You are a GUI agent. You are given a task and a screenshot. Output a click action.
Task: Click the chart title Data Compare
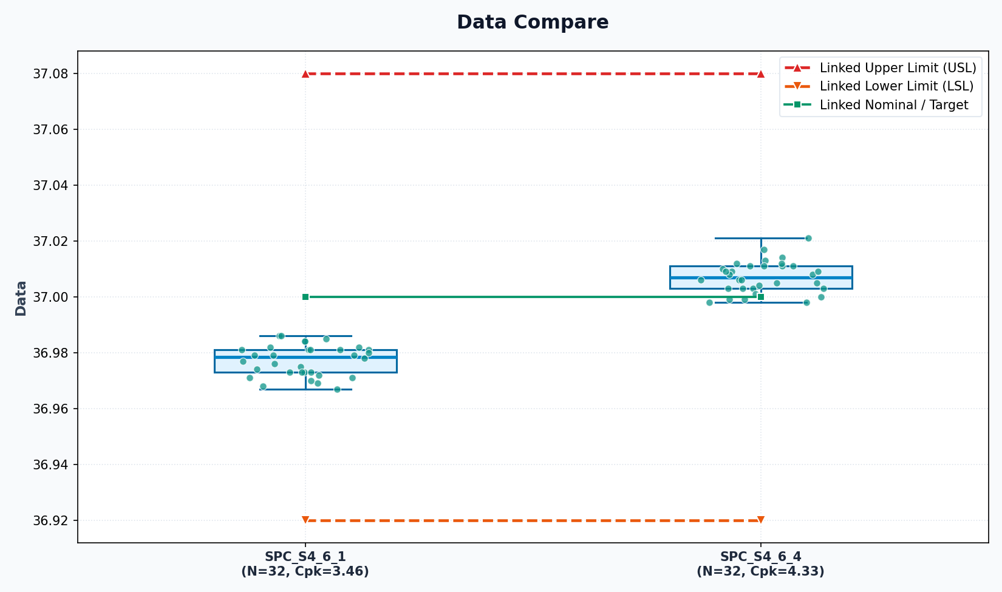click(x=533, y=22)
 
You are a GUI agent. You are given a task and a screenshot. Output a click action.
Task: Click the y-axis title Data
click(x=21, y=299)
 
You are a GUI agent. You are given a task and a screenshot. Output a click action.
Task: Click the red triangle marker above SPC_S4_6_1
click(x=305, y=74)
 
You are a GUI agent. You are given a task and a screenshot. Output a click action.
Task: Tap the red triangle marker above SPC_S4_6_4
click(x=761, y=74)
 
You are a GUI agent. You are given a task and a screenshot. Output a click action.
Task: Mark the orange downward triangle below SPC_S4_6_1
click(x=305, y=520)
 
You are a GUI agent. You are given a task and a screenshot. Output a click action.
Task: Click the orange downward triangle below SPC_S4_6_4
click(x=761, y=520)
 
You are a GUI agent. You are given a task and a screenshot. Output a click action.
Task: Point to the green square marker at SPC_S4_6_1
click(x=305, y=297)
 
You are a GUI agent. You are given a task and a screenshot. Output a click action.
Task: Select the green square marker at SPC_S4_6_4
click(x=761, y=297)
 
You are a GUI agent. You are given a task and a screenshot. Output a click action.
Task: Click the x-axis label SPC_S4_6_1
click(x=305, y=557)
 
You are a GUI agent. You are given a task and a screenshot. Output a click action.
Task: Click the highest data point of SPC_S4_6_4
click(x=808, y=239)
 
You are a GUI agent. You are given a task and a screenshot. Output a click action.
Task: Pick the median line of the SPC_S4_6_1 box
click(x=305, y=357)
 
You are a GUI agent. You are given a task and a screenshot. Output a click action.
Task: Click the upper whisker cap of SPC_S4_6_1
click(x=305, y=336)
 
